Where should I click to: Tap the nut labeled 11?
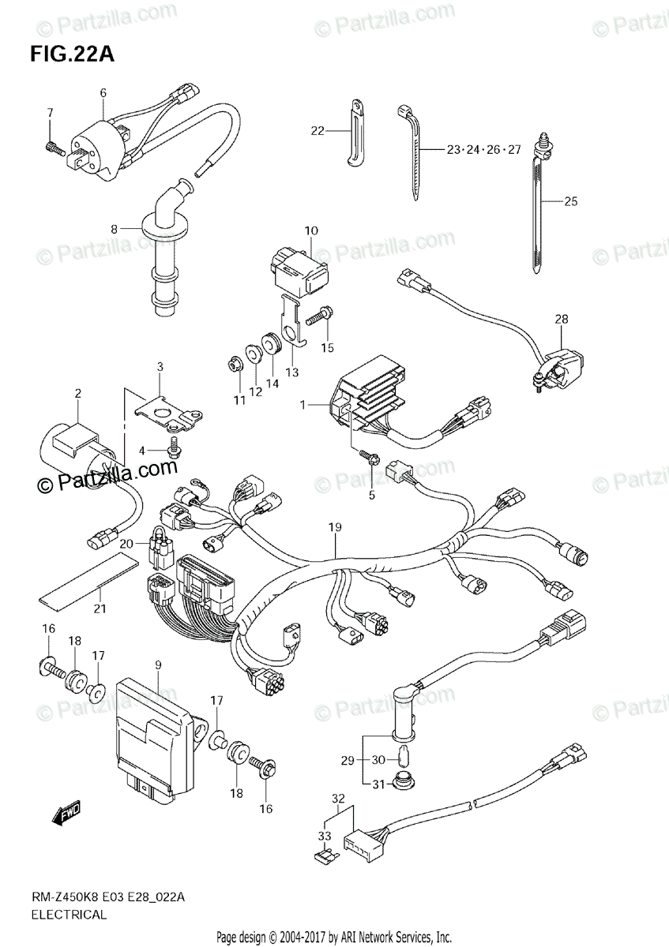tap(235, 365)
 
